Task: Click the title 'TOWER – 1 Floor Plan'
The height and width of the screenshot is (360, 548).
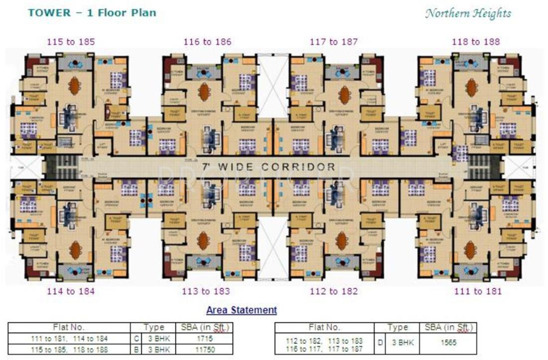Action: (92, 13)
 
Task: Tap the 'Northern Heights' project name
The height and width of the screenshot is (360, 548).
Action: (468, 13)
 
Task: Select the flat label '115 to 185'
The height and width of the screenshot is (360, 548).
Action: (71, 42)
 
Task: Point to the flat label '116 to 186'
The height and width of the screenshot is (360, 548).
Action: (208, 42)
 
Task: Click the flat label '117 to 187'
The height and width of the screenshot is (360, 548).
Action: (334, 42)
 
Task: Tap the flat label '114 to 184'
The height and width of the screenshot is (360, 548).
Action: (71, 291)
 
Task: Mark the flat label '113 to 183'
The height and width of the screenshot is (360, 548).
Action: (207, 291)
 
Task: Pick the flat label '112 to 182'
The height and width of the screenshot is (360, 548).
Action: (334, 291)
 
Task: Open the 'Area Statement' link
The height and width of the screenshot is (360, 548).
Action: (242, 310)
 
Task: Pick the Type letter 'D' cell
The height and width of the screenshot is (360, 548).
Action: (379, 343)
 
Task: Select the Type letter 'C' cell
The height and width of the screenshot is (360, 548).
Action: (135, 339)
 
